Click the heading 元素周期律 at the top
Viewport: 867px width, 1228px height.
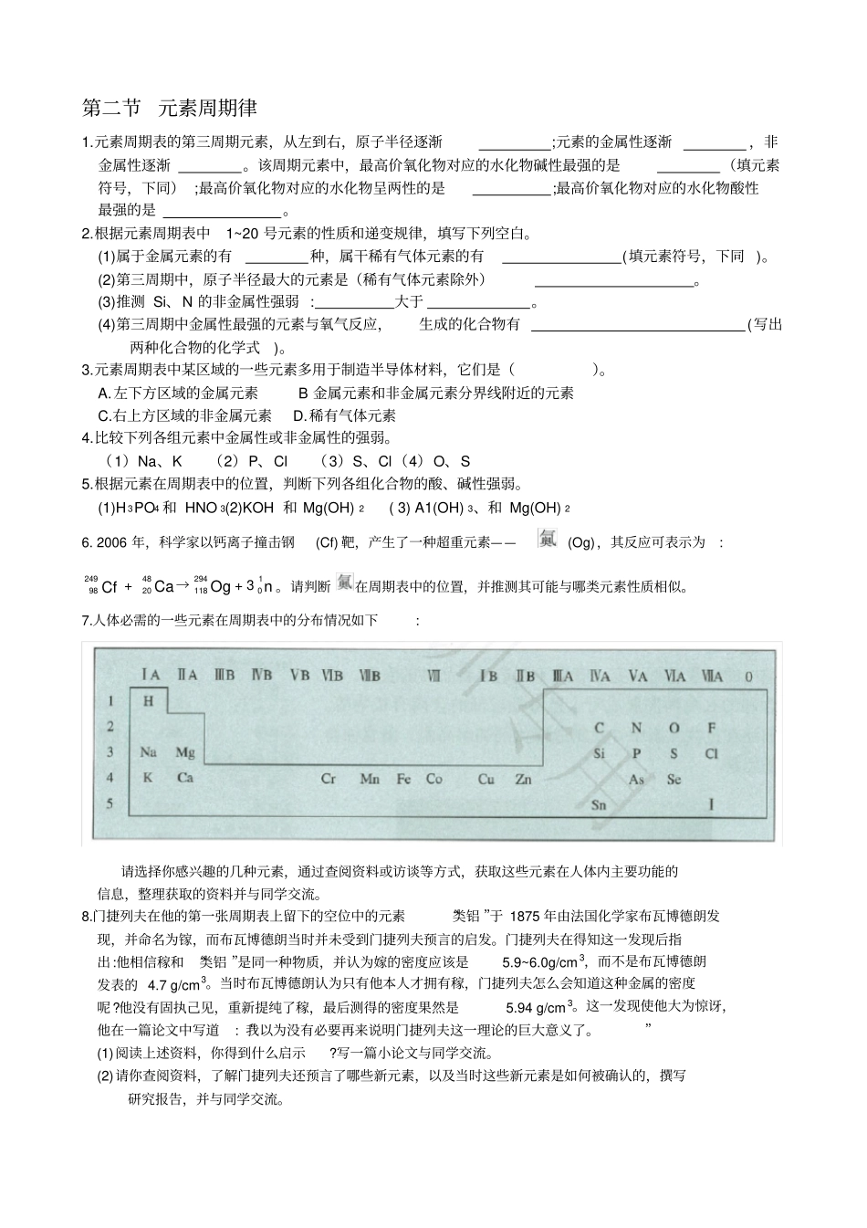click(207, 108)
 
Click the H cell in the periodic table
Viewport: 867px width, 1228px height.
click(149, 701)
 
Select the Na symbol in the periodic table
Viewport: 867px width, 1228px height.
click(149, 752)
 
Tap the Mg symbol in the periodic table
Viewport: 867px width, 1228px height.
click(185, 752)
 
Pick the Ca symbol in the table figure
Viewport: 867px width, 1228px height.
click(185, 778)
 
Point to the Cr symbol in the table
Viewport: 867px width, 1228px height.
click(329, 779)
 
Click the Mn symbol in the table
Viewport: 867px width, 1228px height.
click(370, 779)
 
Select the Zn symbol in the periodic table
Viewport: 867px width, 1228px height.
click(523, 779)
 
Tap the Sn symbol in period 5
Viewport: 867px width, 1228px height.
click(599, 804)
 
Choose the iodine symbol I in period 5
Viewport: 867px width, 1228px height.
click(712, 804)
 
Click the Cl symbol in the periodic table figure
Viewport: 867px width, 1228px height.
click(712, 754)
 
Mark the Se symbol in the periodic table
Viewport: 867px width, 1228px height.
click(674, 779)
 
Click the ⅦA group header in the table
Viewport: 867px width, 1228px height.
click(712, 677)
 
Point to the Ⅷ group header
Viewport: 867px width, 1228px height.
click(433, 677)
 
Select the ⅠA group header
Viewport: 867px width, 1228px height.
click(151, 676)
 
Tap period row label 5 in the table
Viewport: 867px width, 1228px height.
click(110, 803)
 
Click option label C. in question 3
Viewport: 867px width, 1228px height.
click(104, 415)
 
